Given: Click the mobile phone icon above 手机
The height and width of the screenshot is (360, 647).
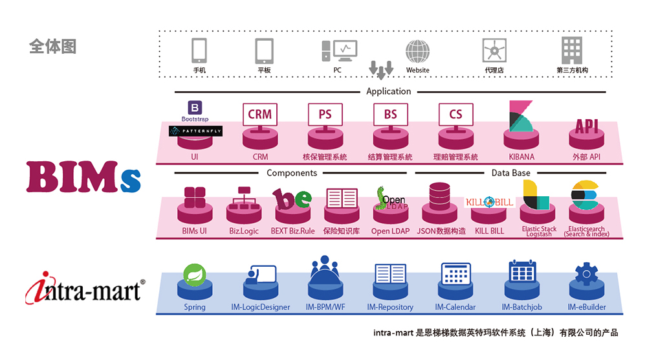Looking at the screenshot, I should click(199, 50).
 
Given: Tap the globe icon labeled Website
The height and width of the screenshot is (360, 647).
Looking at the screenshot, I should click(417, 51).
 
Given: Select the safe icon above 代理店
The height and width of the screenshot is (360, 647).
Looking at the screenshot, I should click(494, 50).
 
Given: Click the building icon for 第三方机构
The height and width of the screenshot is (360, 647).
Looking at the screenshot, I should click(571, 49).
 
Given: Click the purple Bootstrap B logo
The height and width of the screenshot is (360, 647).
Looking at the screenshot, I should click(195, 108).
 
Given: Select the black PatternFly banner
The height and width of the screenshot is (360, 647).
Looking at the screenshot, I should click(195, 130).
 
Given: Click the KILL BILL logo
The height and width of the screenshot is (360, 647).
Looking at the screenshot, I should click(490, 202).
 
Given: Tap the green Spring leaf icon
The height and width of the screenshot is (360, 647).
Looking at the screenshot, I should click(194, 275).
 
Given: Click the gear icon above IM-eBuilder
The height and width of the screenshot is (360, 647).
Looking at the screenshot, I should click(586, 274).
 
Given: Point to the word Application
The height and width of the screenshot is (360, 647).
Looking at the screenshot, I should click(388, 91).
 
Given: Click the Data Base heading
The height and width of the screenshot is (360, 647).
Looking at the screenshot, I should click(510, 173).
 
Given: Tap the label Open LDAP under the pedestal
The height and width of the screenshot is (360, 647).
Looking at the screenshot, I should click(390, 231).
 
